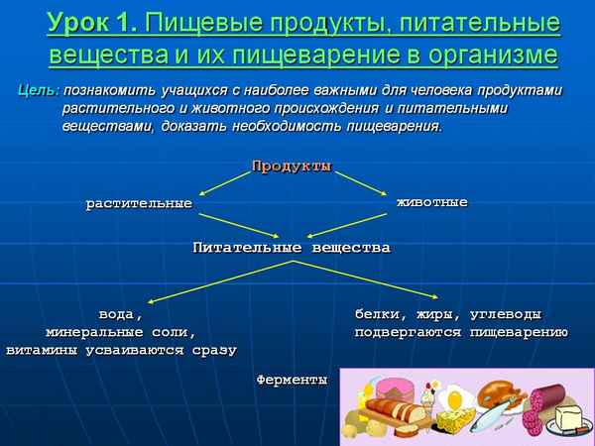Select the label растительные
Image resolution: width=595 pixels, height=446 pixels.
138,203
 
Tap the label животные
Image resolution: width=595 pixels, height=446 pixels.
431,202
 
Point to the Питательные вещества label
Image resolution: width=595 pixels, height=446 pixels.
291,247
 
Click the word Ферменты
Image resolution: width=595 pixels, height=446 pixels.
291,380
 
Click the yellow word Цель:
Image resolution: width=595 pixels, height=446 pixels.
39,90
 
